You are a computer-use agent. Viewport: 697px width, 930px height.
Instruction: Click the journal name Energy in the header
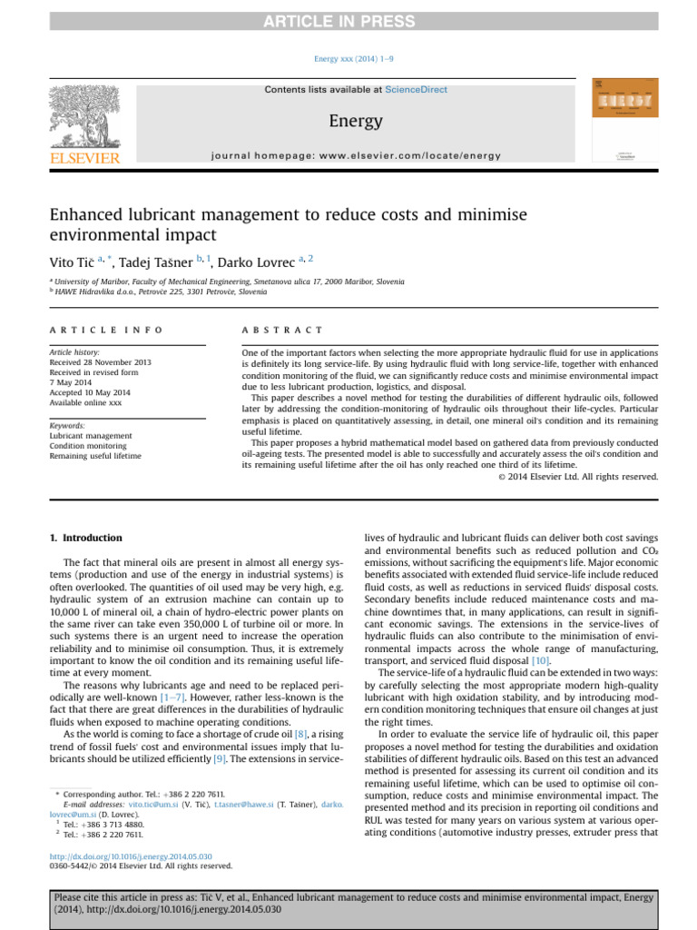(x=354, y=121)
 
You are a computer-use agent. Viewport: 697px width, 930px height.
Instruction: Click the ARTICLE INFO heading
(x=106, y=330)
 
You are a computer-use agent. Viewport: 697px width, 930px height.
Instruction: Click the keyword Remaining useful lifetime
(x=95, y=456)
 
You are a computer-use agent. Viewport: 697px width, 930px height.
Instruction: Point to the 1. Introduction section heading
(x=86, y=539)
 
